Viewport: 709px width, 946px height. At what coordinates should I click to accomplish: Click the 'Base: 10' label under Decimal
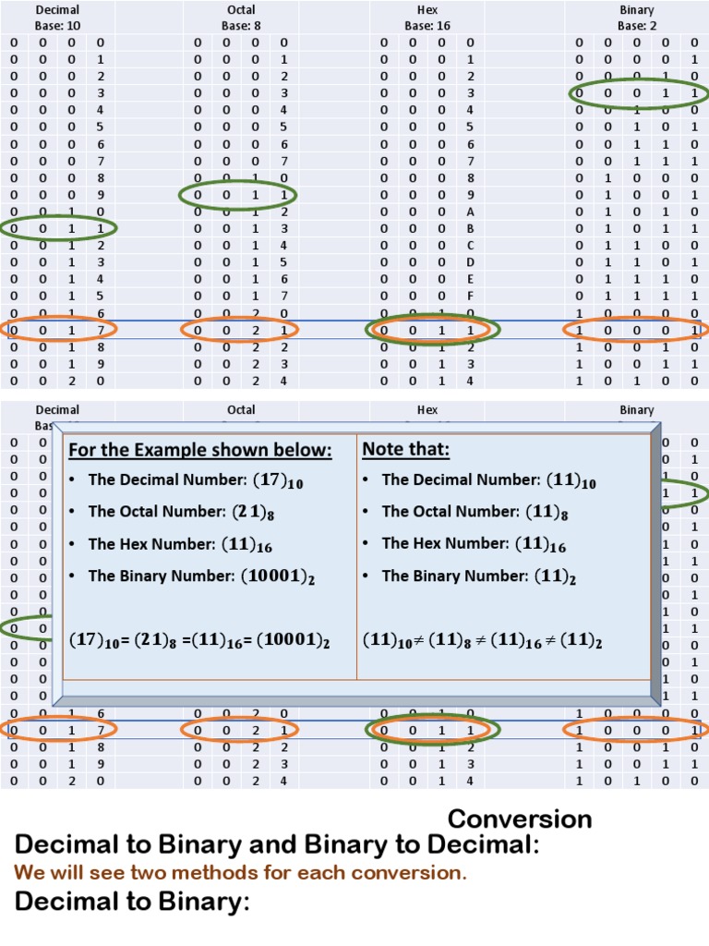[57, 26]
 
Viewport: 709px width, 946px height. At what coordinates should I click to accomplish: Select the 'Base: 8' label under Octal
[241, 26]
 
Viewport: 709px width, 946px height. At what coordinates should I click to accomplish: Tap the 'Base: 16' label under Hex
[427, 26]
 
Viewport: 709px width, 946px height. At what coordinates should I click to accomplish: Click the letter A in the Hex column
[470, 211]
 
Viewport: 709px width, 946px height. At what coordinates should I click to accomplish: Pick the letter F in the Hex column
[470, 296]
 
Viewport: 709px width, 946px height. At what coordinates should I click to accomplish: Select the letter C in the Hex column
[470, 245]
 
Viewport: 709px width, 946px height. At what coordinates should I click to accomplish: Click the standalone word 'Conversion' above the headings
[520, 819]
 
